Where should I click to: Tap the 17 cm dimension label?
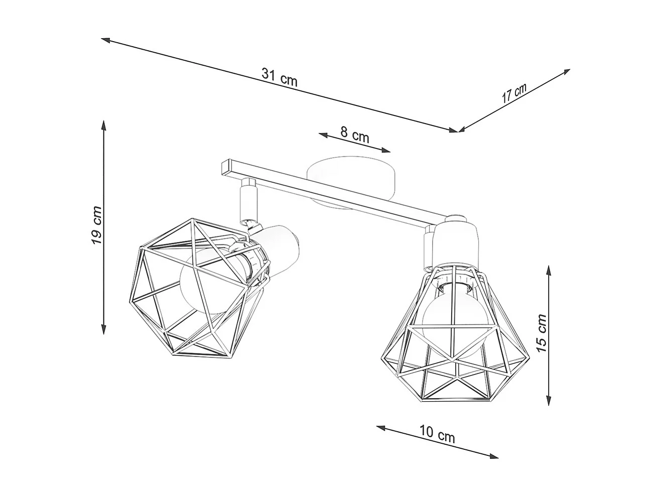[514, 93]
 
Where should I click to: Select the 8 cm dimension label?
[354, 135]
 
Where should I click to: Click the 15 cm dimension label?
[541, 333]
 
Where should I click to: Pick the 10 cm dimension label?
[437, 435]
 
